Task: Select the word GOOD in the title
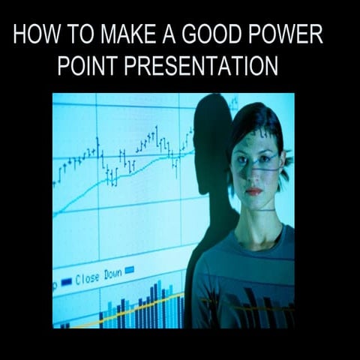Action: (x=211, y=35)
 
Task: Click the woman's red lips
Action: (x=255, y=190)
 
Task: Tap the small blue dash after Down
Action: (x=129, y=271)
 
